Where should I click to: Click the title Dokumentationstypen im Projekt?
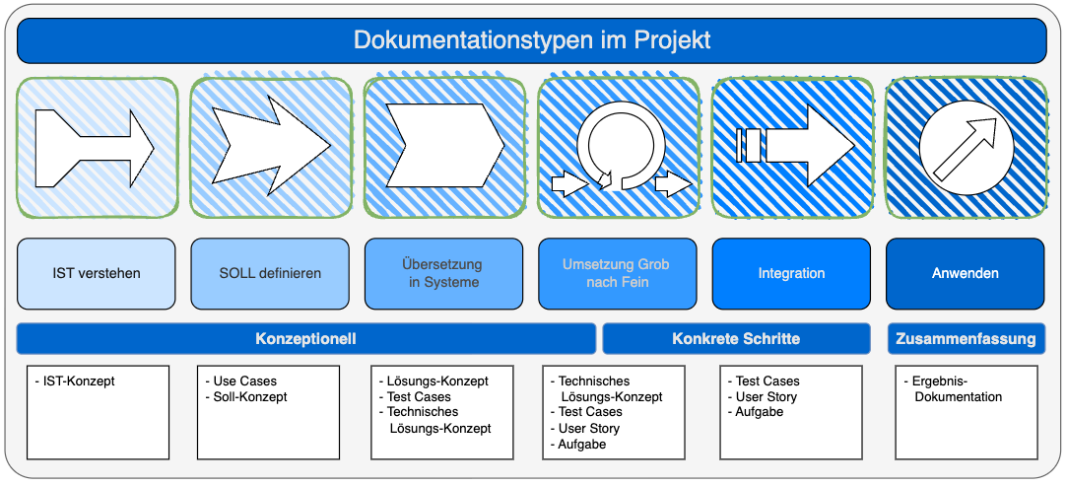click(532, 40)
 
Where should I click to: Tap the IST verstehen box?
click(97, 273)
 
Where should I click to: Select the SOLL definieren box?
click(270, 273)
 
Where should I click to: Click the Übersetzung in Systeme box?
click(443, 273)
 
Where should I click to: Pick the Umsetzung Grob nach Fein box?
click(617, 273)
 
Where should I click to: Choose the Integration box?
click(791, 273)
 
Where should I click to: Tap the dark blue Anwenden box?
click(966, 273)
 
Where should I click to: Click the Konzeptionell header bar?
click(305, 338)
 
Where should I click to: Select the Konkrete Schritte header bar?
click(736, 338)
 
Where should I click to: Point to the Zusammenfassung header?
click(966, 338)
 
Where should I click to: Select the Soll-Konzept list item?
click(249, 396)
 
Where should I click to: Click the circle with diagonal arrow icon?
click(966, 148)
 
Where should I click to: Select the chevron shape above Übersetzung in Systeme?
click(443, 146)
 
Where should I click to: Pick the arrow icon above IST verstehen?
click(95, 148)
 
